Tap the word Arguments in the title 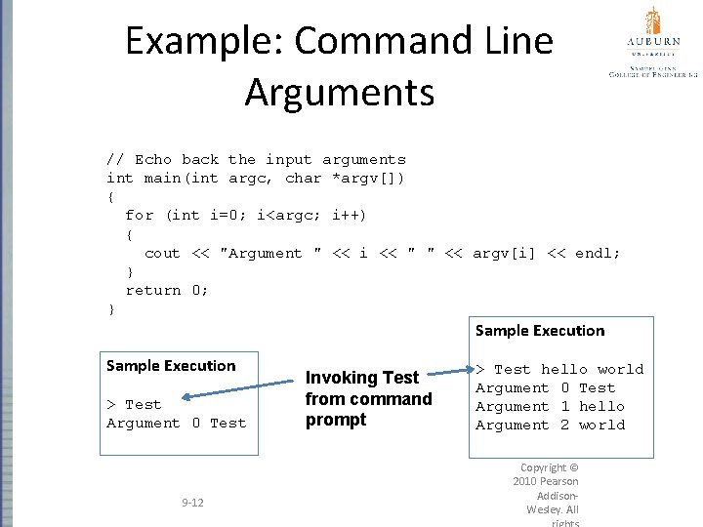(x=339, y=92)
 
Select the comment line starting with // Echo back (x=256, y=159)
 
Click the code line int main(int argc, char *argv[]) (x=255, y=178)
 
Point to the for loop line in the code (x=245, y=215)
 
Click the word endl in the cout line (x=598, y=253)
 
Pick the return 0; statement (x=166, y=290)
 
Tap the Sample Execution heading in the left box (x=171, y=366)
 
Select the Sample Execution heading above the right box (x=540, y=331)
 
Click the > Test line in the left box (x=134, y=404)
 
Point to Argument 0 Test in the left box (x=176, y=423)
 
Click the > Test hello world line (x=558, y=369)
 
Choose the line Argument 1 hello (x=549, y=406)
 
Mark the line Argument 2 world (x=549, y=425)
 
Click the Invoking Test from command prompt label (x=368, y=398)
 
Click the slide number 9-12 (x=192, y=503)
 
